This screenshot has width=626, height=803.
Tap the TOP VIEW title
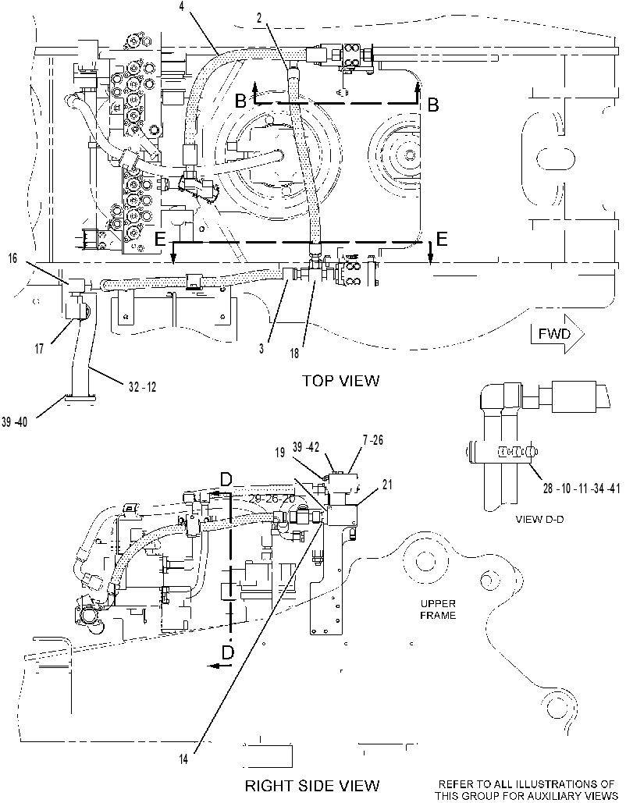340,381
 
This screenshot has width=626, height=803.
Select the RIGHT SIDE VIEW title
312,786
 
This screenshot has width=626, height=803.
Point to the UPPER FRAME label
438,609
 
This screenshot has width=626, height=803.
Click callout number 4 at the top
183,6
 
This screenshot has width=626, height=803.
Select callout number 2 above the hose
259,19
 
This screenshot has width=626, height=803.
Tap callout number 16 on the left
12,258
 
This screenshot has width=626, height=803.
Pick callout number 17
39,349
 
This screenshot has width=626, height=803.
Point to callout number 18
294,353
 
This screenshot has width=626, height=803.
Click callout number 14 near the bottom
183,759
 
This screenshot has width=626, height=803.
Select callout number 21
387,485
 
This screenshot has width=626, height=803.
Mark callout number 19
279,453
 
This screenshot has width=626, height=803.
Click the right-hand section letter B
433,105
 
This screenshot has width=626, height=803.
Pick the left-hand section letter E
160,239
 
